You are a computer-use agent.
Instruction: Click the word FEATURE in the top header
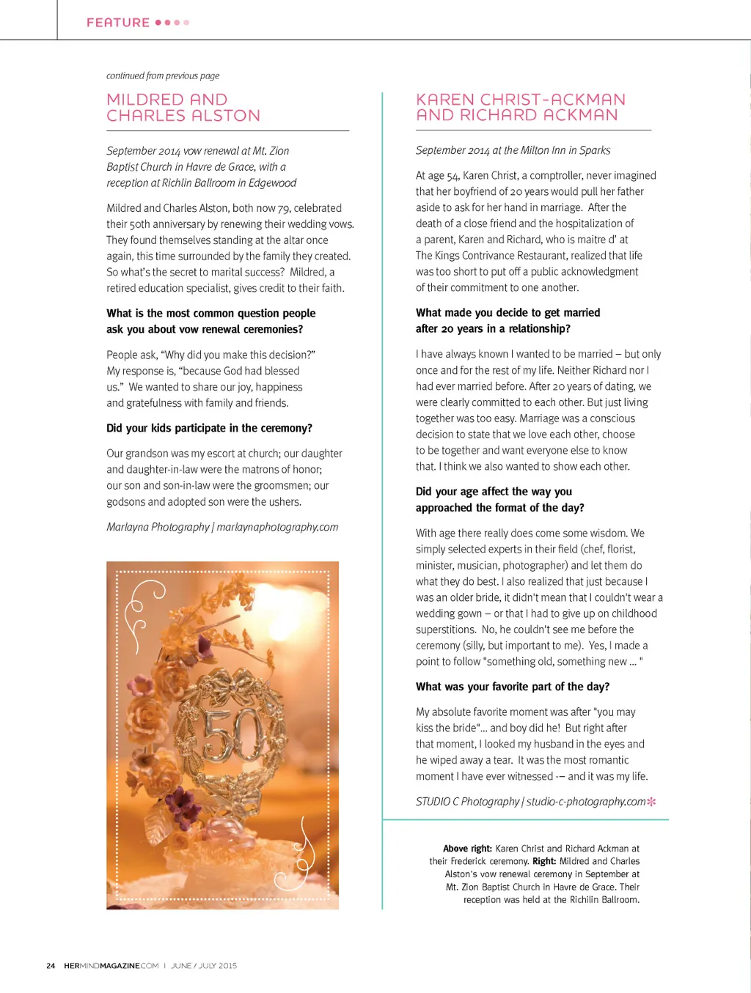[x=118, y=23]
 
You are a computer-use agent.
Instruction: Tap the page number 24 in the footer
[x=51, y=966]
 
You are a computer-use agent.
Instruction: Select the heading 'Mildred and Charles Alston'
[x=183, y=108]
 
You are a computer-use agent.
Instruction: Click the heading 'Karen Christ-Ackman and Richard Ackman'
[x=521, y=107]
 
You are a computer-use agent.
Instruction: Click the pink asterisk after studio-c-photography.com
[x=651, y=802]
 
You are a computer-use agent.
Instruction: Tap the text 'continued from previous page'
[x=163, y=75]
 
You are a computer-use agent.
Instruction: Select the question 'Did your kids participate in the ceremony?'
[x=209, y=428]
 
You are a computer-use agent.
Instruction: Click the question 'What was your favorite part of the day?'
[x=512, y=687]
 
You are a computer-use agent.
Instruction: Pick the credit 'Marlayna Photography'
[x=158, y=527]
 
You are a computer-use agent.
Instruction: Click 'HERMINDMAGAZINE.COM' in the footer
[x=111, y=966]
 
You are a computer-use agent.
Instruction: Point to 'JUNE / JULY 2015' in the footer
[x=204, y=966]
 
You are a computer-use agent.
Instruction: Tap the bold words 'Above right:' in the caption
[x=467, y=849]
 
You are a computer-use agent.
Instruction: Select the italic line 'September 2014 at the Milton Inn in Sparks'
[x=513, y=150]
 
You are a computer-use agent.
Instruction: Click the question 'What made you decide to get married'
[x=508, y=313]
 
